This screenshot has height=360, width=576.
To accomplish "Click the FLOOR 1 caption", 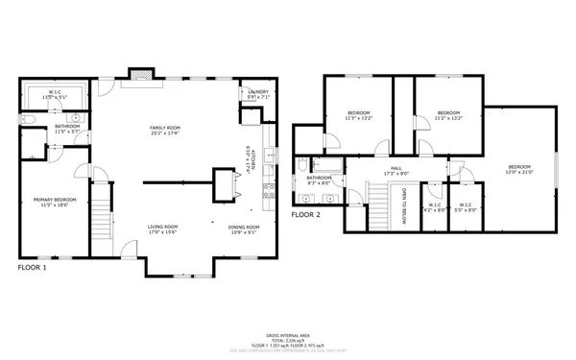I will (33, 267).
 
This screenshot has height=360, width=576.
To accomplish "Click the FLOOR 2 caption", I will (306, 214).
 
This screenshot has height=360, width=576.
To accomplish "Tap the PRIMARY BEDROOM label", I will (54, 199).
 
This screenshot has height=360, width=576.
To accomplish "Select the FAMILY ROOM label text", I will (165, 128).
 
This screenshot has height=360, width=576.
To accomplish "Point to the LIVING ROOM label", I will (162, 227).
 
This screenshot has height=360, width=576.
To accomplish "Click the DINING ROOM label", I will (242, 227).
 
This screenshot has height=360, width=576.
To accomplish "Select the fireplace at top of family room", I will (140, 74).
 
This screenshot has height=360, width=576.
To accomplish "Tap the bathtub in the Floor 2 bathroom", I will (318, 164).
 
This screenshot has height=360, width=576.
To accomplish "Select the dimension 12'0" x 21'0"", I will (518, 173).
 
